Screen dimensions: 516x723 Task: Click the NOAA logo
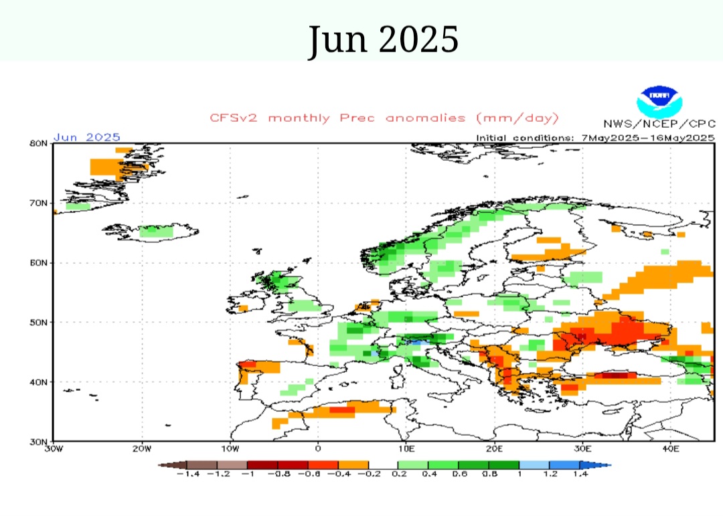659,101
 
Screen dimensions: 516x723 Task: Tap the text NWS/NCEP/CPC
659,124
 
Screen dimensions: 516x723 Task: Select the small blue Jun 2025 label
86,137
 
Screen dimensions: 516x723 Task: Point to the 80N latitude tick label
38,143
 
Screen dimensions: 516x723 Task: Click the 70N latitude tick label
38,203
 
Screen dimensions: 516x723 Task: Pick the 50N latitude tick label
38,322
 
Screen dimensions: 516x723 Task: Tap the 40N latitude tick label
38,382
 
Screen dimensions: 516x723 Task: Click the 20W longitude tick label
141,448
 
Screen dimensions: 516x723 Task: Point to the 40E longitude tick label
671,448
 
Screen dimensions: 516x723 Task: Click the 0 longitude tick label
318,448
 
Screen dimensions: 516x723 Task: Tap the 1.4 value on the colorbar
580,474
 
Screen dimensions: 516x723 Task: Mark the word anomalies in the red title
427,118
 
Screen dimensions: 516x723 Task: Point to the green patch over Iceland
155,232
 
